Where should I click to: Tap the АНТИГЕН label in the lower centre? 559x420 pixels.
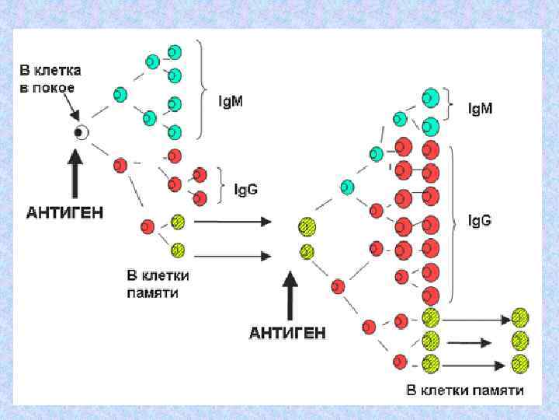[287, 333]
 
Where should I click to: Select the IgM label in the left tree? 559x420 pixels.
[231, 101]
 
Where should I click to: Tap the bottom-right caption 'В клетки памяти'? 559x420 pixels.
[465, 390]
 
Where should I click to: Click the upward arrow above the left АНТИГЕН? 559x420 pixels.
[75, 173]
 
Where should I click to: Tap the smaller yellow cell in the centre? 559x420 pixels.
[307, 251]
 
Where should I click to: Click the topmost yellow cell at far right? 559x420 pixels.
[520, 318]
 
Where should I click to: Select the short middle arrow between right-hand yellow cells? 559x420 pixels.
[469, 341]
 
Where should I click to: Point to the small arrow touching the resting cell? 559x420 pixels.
[65, 109]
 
